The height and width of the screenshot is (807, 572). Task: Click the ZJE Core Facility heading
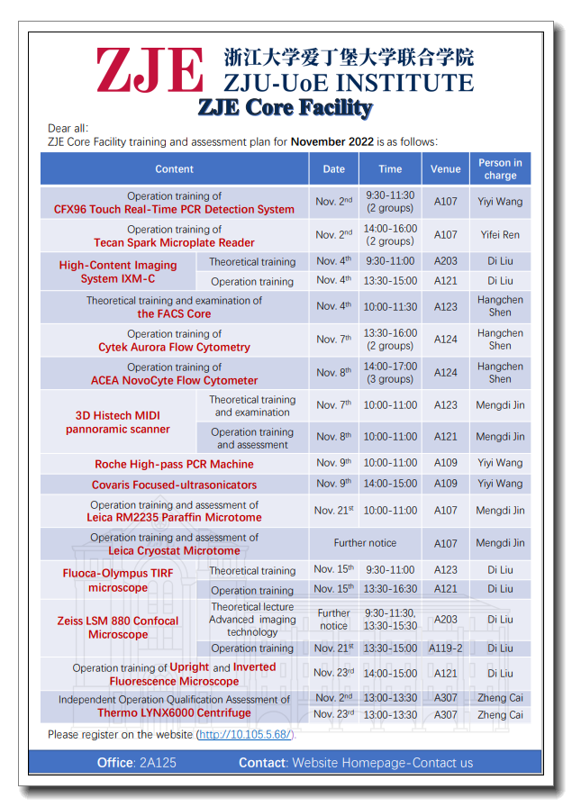tap(285, 108)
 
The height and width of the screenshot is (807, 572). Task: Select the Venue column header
tap(445, 168)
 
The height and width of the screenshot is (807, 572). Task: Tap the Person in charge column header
tap(500, 168)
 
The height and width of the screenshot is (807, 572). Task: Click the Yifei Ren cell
tap(499, 235)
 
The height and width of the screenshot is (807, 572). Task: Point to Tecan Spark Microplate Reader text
tap(174, 242)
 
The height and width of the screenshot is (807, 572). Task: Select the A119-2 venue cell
tap(445, 648)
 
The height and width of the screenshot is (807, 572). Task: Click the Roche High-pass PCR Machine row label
tap(174, 465)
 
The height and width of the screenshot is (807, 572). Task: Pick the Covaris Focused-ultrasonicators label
tap(174, 485)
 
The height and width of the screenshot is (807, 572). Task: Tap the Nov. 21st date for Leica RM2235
tap(333, 511)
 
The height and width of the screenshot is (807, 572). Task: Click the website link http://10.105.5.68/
tap(245, 735)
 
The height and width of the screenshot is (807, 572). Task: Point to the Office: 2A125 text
tap(137, 763)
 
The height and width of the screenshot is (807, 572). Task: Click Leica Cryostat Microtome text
tap(174, 550)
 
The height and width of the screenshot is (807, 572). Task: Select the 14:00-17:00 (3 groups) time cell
tap(390, 373)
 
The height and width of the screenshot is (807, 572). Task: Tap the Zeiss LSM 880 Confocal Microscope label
tap(118, 628)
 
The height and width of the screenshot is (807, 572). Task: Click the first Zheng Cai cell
tap(499, 698)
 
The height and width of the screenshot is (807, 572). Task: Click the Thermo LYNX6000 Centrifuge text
tap(174, 712)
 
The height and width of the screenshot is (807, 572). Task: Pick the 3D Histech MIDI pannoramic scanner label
tap(117, 422)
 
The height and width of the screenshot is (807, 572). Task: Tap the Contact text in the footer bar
tap(262, 763)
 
